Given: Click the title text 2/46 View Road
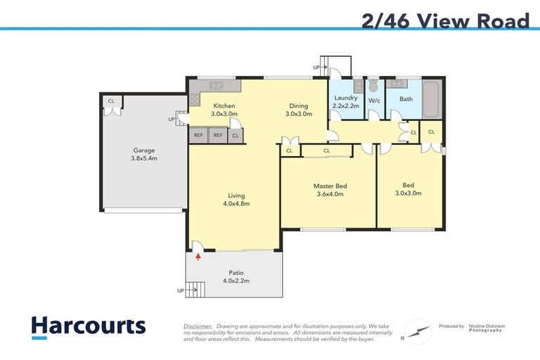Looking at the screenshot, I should click(x=445, y=21).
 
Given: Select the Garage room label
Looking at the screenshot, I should click(x=144, y=150).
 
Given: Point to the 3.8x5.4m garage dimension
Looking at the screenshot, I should click(x=144, y=158).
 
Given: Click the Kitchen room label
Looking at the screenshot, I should click(x=225, y=105).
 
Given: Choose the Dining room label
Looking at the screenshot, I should click(x=298, y=105).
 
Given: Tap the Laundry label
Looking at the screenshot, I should click(x=345, y=98).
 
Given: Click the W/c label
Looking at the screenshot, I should click(x=374, y=101).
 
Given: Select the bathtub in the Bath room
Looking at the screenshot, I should click(x=432, y=100).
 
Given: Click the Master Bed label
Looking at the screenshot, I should click(x=330, y=186).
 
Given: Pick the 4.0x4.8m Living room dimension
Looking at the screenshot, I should click(x=236, y=204).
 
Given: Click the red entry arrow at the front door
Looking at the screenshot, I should click(x=198, y=257).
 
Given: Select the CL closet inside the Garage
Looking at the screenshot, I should click(x=111, y=101).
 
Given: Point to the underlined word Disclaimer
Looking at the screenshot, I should click(x=198, y=326).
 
